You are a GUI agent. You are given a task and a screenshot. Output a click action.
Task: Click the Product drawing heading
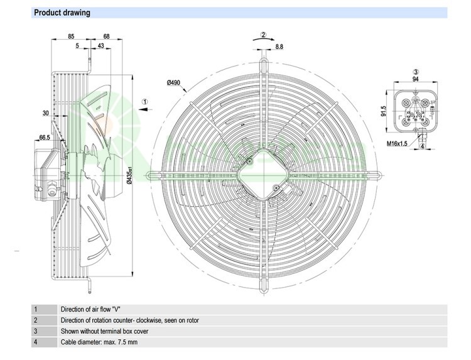tap(62, 13)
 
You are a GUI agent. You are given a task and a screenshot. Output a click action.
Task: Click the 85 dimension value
tap(72, 36)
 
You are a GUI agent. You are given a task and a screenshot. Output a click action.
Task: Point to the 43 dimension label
tap(101, 46)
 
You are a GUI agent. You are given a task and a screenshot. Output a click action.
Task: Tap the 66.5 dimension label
tap(45, 137)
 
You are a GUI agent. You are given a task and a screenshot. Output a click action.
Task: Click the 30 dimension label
tap(46, 113)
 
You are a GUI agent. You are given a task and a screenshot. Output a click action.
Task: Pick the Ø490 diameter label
tap(174, 83)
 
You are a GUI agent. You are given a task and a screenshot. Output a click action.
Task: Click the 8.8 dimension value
tap(279, 46)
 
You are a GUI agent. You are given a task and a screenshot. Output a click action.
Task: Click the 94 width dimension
tap(414, 79)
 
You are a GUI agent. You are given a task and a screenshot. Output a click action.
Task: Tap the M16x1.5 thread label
tap(399, 144)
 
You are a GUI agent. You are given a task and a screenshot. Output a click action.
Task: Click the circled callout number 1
tap(145, 101)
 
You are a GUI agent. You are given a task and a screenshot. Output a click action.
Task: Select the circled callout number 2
tap(264, 34)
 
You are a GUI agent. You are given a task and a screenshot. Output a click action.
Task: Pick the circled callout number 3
tap(415, 72)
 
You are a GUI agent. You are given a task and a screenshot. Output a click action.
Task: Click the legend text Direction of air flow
tap(90, 309)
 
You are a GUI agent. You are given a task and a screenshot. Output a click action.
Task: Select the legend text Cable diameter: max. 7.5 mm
tap(99, 342)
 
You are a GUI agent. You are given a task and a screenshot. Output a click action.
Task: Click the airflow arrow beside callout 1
tap(144, 109)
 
